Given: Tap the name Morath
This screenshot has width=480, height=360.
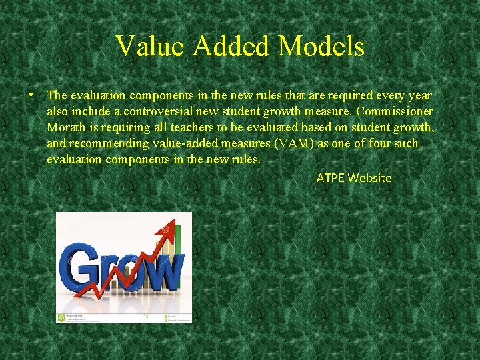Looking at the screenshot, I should click(66, 127).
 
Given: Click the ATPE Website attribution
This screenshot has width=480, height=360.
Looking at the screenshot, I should click(354, 178).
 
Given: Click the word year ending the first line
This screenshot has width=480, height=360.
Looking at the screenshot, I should click(419, 95).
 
